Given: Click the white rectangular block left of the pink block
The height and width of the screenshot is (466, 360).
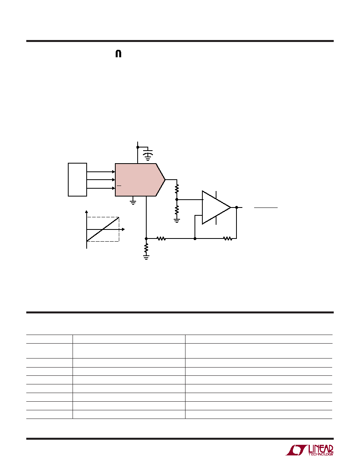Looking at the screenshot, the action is pyautogui.click(x=77, y=180).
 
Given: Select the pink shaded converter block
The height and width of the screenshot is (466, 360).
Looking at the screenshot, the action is pyautogui.click(x=140, y=180).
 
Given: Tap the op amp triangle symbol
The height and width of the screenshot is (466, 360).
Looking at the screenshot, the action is pyautogui.click(x=216, y=208).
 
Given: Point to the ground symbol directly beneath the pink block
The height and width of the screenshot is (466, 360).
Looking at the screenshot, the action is pyautogui.click(x=133, y=202).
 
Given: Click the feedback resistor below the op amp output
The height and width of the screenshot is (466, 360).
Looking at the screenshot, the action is pyautogui.click(x=227, y=238).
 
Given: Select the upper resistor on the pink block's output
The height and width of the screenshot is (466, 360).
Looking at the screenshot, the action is pyautogui.click(x=177, y=188).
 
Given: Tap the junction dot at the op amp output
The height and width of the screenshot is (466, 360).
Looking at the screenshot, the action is pyautogui.click(x=236, y=208).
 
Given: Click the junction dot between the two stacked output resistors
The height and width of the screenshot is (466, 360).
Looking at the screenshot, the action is pyautogui.click(x=177, y=199).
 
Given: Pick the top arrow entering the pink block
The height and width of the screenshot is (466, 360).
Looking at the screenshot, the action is pyautogui.click(x=101, y=172).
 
